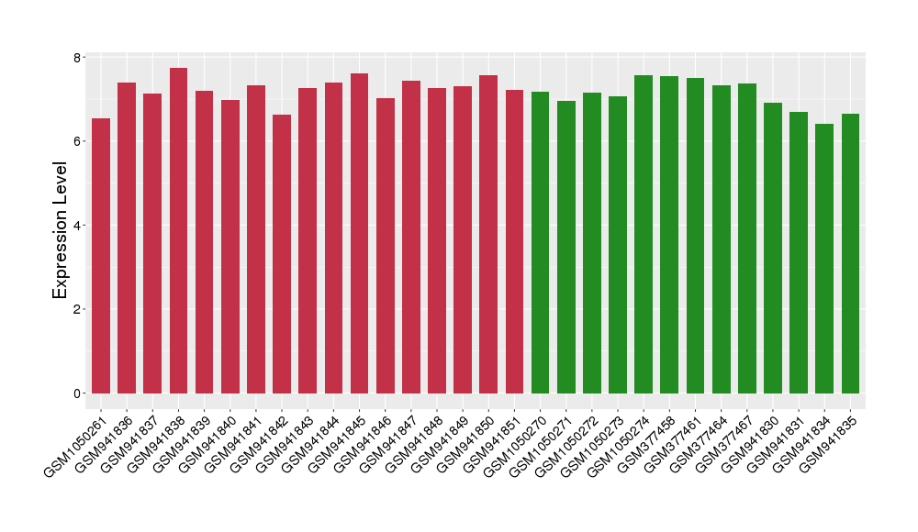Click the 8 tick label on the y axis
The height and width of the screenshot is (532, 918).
(76, 58)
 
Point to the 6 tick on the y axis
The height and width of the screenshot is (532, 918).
(76, 141)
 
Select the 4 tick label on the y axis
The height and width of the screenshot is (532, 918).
(76, 226)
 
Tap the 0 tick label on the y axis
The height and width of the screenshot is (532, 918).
(76, 393)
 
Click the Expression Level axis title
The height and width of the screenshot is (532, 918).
(60, 230)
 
